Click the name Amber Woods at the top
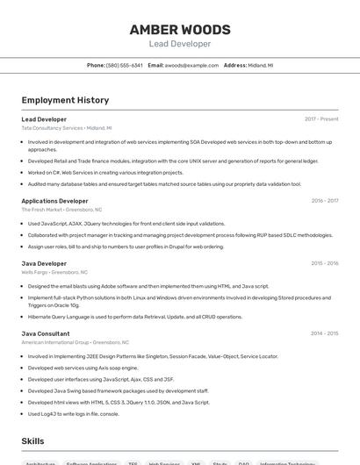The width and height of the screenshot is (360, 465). point(180,29)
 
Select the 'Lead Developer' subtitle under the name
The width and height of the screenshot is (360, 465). point(180,44)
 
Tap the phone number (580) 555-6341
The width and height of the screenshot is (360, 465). point(124,65)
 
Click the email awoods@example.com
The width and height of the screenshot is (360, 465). point(191,65)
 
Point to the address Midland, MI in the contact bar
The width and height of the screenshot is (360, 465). point(261,65)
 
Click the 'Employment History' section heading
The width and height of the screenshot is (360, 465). point(65,100)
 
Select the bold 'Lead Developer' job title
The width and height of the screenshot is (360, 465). point(44,119)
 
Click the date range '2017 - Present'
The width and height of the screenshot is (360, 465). point(321,119)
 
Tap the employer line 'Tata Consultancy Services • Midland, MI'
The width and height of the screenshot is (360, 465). point(67,128)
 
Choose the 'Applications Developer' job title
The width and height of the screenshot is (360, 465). point(54,201)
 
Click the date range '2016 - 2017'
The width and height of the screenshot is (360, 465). point(325,201)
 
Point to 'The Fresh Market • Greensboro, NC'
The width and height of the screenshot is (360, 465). point(61,210)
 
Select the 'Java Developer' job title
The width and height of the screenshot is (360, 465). point(44,263)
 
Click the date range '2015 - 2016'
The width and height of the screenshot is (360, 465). point(325,263)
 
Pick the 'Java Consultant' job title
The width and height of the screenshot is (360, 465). point(46,333)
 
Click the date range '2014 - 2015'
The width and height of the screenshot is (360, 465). point(325,333)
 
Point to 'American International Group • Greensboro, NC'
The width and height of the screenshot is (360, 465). point(76,342)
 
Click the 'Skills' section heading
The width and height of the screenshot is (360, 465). point(32,440)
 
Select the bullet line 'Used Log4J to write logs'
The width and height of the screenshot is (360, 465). point(73,413)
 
